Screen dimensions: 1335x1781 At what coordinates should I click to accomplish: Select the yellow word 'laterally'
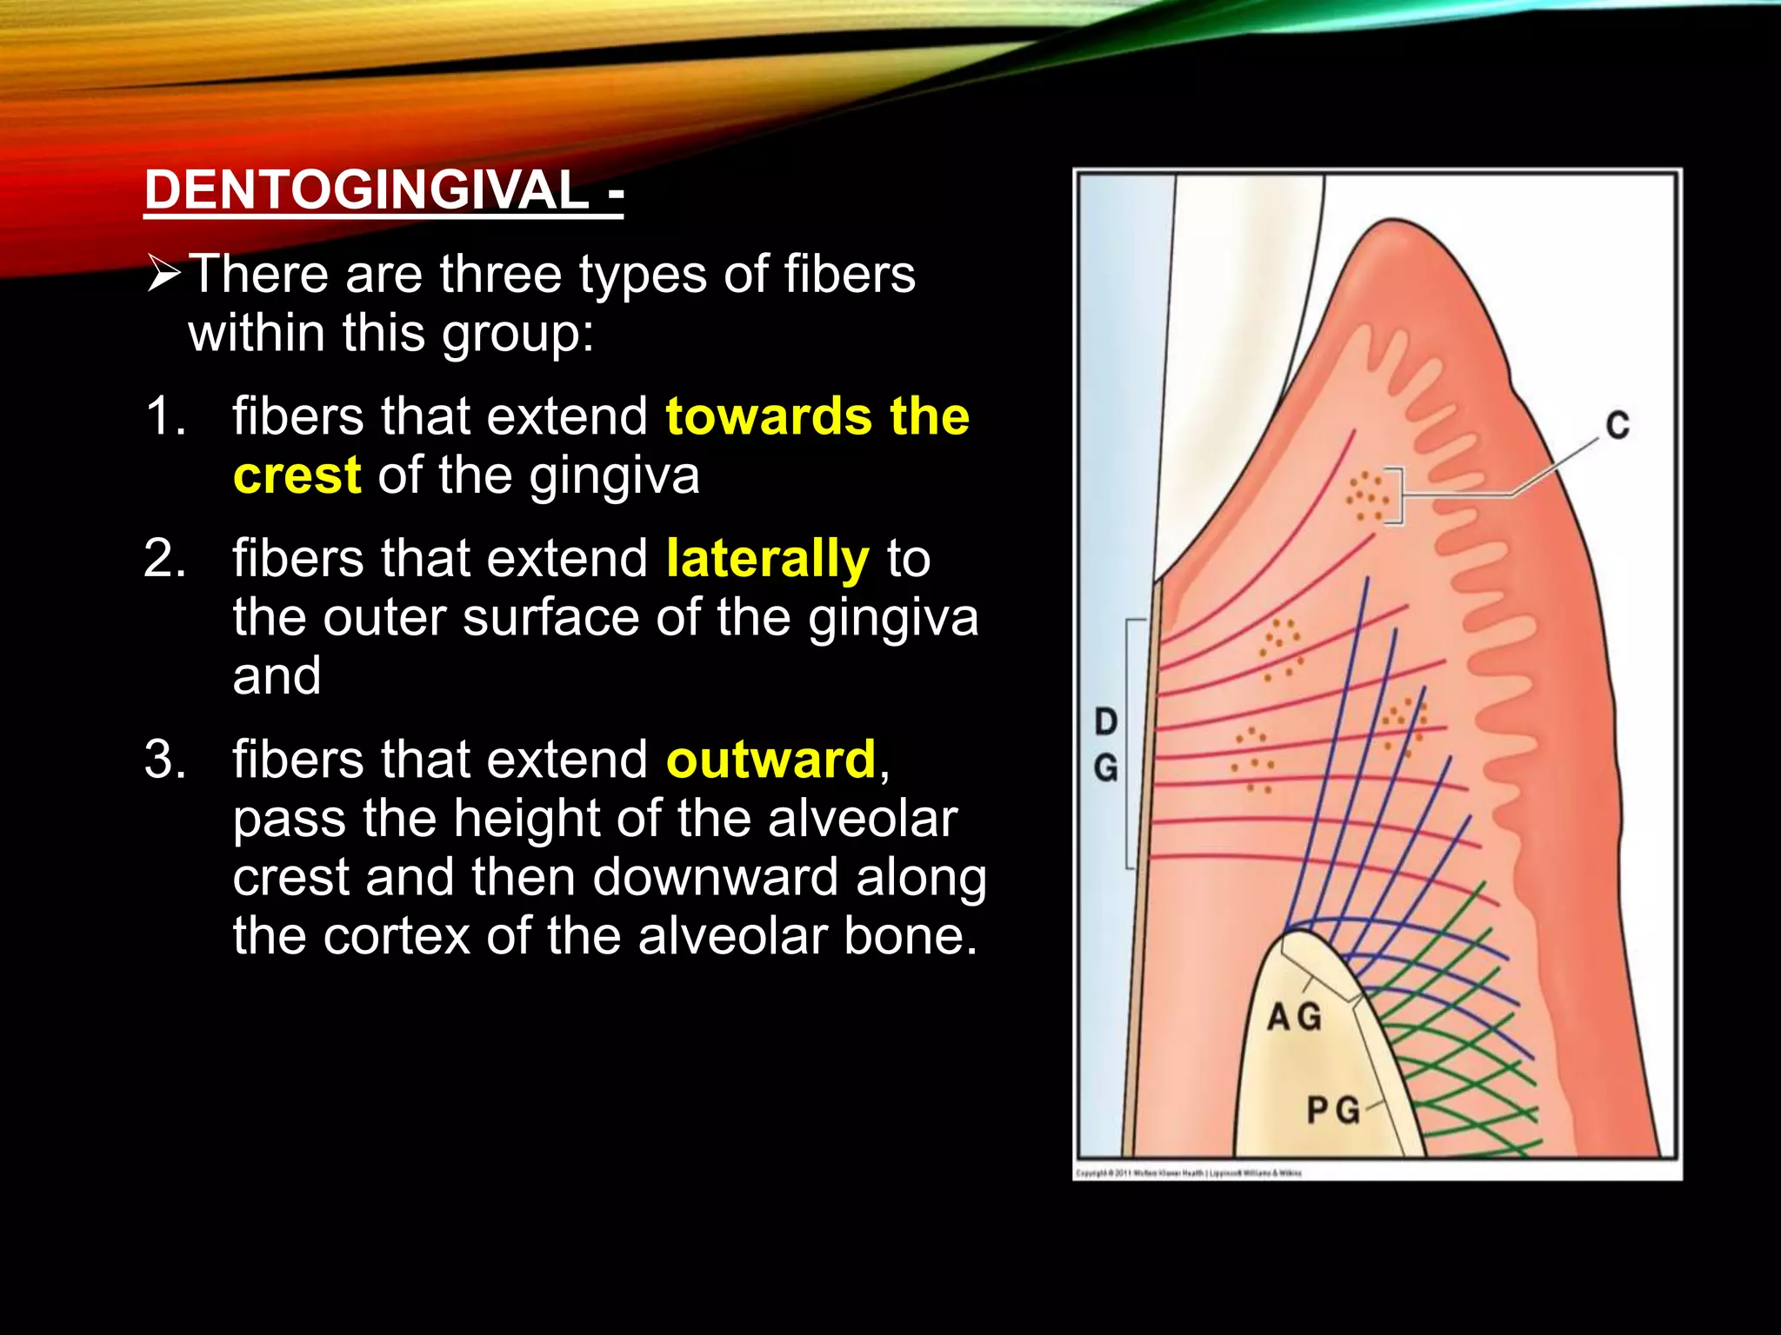[767, 559]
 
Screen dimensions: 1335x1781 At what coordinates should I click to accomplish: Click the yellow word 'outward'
[770, 760]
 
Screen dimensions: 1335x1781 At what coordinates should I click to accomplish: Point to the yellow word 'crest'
[297, 475]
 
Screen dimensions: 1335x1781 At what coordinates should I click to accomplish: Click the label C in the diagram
[1617, 426]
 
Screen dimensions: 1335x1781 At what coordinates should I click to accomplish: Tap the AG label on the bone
[1294, 1017]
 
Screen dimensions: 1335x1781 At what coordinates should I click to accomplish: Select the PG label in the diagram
[1333, 1111]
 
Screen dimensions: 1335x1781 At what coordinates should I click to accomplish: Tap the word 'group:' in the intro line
[517, 334]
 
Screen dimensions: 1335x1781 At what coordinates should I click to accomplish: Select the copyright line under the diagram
[1189, 1173]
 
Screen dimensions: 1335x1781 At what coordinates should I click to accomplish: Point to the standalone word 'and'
[277, 676]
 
